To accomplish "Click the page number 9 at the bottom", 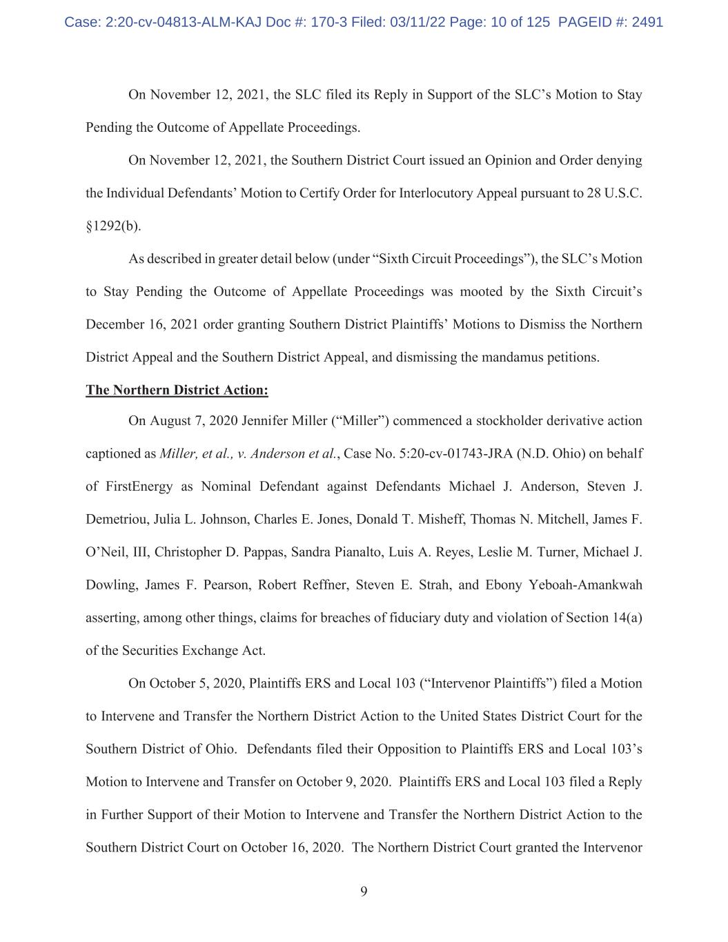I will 364,891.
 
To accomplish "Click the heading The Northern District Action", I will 177,390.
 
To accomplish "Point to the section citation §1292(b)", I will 113,226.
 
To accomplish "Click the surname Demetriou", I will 115,519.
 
